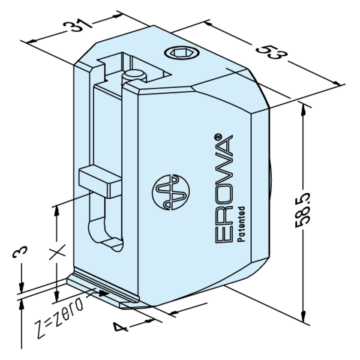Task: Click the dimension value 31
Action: (77, 27)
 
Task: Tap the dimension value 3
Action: (20, 252)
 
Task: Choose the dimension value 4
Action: (120, 327)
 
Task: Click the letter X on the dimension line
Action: (57, 252)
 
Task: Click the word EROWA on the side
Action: (224, 189)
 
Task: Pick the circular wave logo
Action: (171, 192)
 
